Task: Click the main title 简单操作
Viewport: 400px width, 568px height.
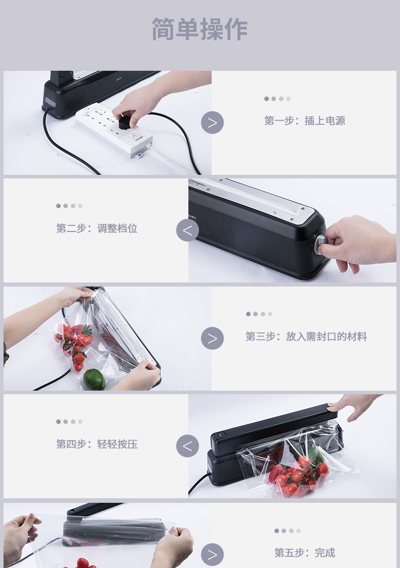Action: tap(199, 29)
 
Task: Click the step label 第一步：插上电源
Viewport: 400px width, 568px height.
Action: tap(304, 121)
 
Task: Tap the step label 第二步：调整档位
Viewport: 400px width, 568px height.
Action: tap(97, 228)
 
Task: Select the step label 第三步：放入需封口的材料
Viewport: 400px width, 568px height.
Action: tap(306, 337)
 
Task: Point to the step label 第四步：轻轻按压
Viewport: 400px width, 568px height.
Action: tap(97, 444)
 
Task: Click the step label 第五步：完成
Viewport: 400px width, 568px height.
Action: tap(304, 552)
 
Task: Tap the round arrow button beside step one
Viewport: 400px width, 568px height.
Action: tap(212, 122)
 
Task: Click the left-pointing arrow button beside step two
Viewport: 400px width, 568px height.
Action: tap(188, 230)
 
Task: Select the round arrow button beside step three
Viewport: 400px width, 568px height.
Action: tap(212, 339)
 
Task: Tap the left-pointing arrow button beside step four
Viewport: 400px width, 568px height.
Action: tap(188, 446)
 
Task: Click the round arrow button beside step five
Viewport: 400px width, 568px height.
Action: tap(212, 554)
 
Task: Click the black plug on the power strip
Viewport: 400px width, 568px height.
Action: tap(125, 122)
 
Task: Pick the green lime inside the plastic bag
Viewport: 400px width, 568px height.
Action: tap(94, 380)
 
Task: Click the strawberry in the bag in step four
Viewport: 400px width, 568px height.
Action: tap(276, 473)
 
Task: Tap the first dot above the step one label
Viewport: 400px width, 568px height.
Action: tap(266, 99)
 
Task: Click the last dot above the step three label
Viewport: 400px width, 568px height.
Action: tap(270, 314)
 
